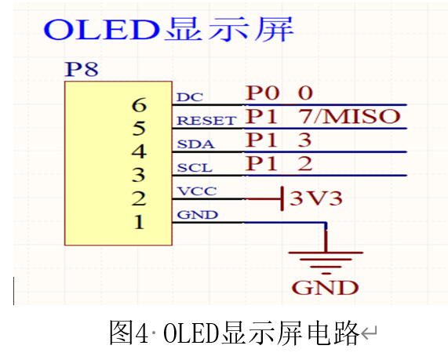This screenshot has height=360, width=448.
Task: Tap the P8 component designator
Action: [82, 69]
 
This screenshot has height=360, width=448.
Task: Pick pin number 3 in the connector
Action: [139, 174]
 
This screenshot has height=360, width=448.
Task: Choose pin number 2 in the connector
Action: [139, 198]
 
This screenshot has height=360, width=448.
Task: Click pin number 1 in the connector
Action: [139, 222]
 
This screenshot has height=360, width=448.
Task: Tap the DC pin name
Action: [188, 97]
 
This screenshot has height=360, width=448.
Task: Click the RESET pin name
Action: [206, 121]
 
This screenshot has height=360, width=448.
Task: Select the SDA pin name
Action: [193, 144]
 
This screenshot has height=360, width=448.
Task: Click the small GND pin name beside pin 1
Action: [193, 214]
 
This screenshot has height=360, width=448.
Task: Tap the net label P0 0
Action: [279, 93]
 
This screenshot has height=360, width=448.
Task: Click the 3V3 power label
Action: [316, 198]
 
